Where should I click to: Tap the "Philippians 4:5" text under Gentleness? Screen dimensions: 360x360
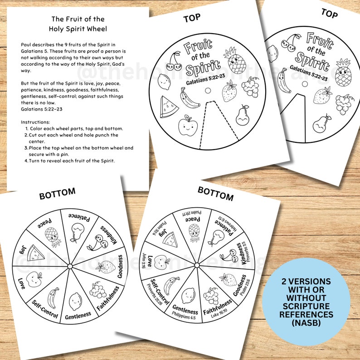coord(185,318)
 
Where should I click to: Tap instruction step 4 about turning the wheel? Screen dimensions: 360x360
coord(71,161)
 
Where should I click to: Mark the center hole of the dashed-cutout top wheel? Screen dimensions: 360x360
coord(208,90)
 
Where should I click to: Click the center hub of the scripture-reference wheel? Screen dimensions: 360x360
coord(197,265)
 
